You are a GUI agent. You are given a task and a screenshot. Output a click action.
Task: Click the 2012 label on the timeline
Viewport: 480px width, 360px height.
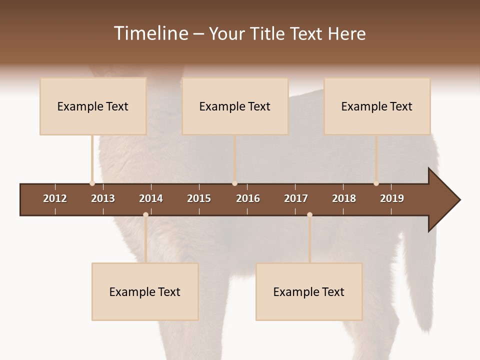click(55, 198)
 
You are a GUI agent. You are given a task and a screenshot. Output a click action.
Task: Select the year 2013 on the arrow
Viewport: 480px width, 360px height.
click(103, 198)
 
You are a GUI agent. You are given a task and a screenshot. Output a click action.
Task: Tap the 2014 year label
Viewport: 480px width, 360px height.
click(151, 198)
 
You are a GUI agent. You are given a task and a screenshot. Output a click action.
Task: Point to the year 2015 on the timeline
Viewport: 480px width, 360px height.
click(199, 198)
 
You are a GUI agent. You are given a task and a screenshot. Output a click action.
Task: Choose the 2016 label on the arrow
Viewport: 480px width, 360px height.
click(248, 198)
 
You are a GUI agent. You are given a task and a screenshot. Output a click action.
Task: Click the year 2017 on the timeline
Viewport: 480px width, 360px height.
click(296, 198)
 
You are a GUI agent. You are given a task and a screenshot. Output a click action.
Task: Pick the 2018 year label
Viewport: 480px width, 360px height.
click(344, 198)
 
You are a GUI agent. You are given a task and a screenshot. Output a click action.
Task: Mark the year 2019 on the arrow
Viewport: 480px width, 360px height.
click(392, 198)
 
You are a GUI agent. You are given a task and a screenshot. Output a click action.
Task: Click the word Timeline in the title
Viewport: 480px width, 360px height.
click(150, 33)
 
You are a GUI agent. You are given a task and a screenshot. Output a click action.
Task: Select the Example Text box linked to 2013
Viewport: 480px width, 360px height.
click(93, 106)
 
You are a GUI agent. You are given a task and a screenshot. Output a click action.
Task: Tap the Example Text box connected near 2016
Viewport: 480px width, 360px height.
click(235, 106)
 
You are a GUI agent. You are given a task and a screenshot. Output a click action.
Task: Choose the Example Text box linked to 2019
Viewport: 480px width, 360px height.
click(377, 106)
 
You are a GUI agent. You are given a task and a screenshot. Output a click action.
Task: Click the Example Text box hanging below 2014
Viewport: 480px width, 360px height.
click(145, 291)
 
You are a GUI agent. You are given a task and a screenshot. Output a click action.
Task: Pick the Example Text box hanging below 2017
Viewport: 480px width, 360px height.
click(309, 291)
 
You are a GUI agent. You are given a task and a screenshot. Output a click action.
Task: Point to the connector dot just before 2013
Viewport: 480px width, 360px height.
click(92, 183)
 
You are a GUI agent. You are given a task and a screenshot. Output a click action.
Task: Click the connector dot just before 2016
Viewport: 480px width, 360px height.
click(234, 183)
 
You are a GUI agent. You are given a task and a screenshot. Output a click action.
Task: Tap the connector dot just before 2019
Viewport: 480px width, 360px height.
click(376, 183)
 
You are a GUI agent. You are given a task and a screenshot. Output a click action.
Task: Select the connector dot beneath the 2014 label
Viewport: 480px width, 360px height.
click(145, 215)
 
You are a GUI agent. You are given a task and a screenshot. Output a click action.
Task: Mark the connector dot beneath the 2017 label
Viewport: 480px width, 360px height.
click(309, 215)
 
